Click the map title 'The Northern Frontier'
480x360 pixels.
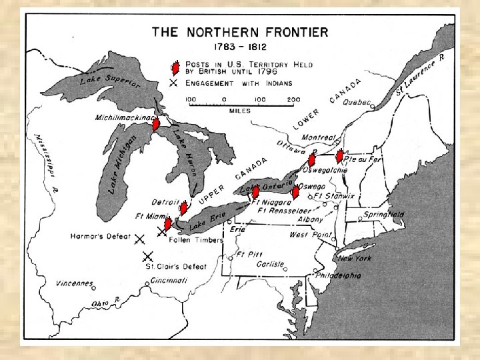[240, 32]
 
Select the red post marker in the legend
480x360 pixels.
[174, 67]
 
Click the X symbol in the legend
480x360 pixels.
[174, 83]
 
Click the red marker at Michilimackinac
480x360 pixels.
[155, 123]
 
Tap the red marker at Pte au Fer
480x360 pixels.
[339, 156]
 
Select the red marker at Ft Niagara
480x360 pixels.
[255, 193]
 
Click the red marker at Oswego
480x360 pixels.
[295, 193]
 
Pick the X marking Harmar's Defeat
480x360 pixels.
[140, 239]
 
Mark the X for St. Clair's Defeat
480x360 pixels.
[147, 256]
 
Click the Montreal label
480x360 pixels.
[319, 137]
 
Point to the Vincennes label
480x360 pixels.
[74, 283]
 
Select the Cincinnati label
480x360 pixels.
[169, 280]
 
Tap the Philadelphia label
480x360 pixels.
[338, 275]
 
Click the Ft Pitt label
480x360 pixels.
[250, 255]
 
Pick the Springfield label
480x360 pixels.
[383, 215]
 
